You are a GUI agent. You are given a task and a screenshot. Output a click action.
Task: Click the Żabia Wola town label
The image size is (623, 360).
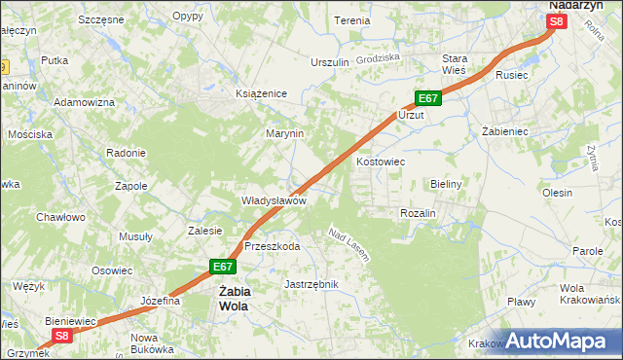click(x=234, y=298)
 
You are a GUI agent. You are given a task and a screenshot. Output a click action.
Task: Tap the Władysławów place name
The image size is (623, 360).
click(x=275, y=200)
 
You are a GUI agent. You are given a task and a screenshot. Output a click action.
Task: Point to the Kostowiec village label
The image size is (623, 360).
click(x=381, y=162)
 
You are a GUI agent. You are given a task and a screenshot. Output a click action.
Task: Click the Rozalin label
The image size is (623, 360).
click(x=418, y=213)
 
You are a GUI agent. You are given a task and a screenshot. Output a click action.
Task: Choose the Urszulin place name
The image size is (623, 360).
click(x=329, y=62)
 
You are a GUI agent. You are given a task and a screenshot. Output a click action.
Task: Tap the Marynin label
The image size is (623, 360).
click(x=285, y=133)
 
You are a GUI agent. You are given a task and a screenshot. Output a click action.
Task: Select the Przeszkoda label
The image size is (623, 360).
click(x=272, y=246)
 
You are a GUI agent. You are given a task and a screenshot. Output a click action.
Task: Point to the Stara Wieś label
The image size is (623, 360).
click(x=457, y=64)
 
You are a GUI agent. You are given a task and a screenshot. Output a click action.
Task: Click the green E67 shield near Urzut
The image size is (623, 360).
click(x=429, y=98)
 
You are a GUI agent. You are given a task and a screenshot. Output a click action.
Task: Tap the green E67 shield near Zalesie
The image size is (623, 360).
click(x=223, y=266)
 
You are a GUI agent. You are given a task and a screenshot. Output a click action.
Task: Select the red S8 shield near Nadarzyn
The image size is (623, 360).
click(x=556, y=21)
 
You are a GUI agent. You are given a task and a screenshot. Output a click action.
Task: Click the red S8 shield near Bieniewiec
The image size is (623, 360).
click(x=62, y=336)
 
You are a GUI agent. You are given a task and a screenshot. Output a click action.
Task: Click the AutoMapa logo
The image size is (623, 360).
click(x=558, y=341)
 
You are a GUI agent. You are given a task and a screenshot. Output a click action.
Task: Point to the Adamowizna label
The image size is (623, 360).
click(x=85, y=102)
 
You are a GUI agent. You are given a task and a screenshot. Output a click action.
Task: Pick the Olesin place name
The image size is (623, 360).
click(x=558, y=193)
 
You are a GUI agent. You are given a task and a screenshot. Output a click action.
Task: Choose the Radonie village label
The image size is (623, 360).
click(x=126, y=153)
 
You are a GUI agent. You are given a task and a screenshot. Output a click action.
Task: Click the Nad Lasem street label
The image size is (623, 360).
click(x=348, y=245)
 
